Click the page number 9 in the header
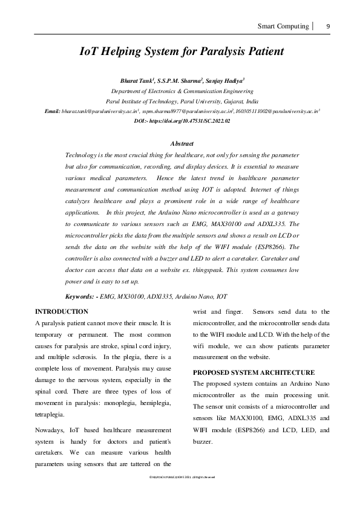pos(328,27)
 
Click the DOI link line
pos(182,121)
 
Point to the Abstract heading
pos(182,143)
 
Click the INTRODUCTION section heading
pos(62,312)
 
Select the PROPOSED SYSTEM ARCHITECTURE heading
pos(254,372)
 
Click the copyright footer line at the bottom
pos(182,478)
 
